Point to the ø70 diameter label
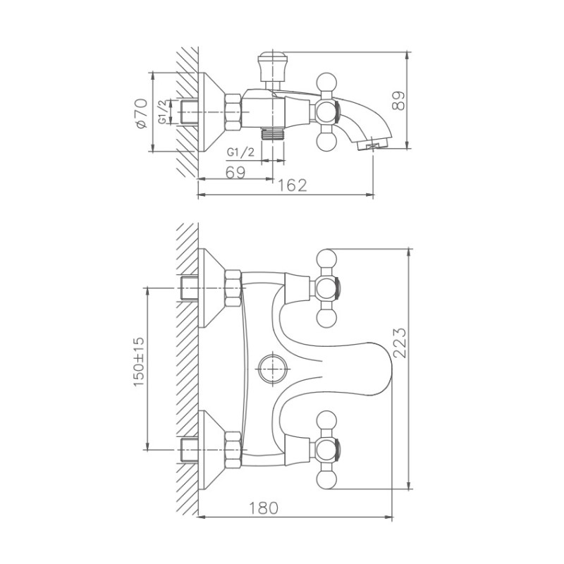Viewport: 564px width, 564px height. (x=140, y=113)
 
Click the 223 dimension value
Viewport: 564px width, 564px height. (x=399, y=343)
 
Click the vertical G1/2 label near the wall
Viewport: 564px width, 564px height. (x=162, y=111)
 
